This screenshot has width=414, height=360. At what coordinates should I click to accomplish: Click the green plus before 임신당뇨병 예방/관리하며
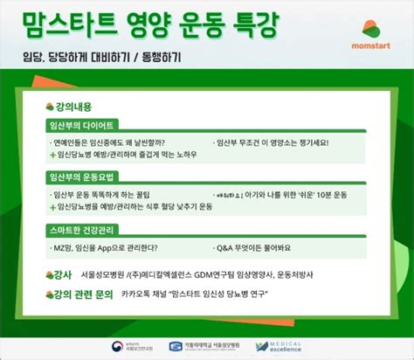pos(52,154)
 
